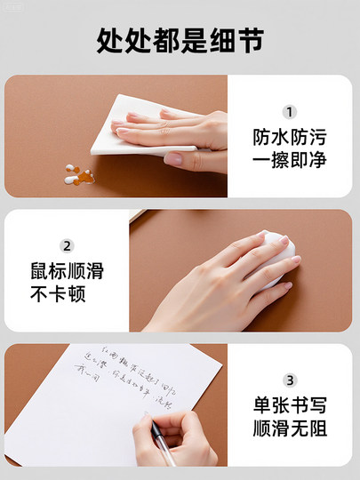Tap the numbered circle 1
tap(290, 113)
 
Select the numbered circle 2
tap(67, 246)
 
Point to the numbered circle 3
tap(290, 380)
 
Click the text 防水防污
tap(290, 139)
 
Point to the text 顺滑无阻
tap(290, 429)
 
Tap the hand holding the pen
tap(178, 440)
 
